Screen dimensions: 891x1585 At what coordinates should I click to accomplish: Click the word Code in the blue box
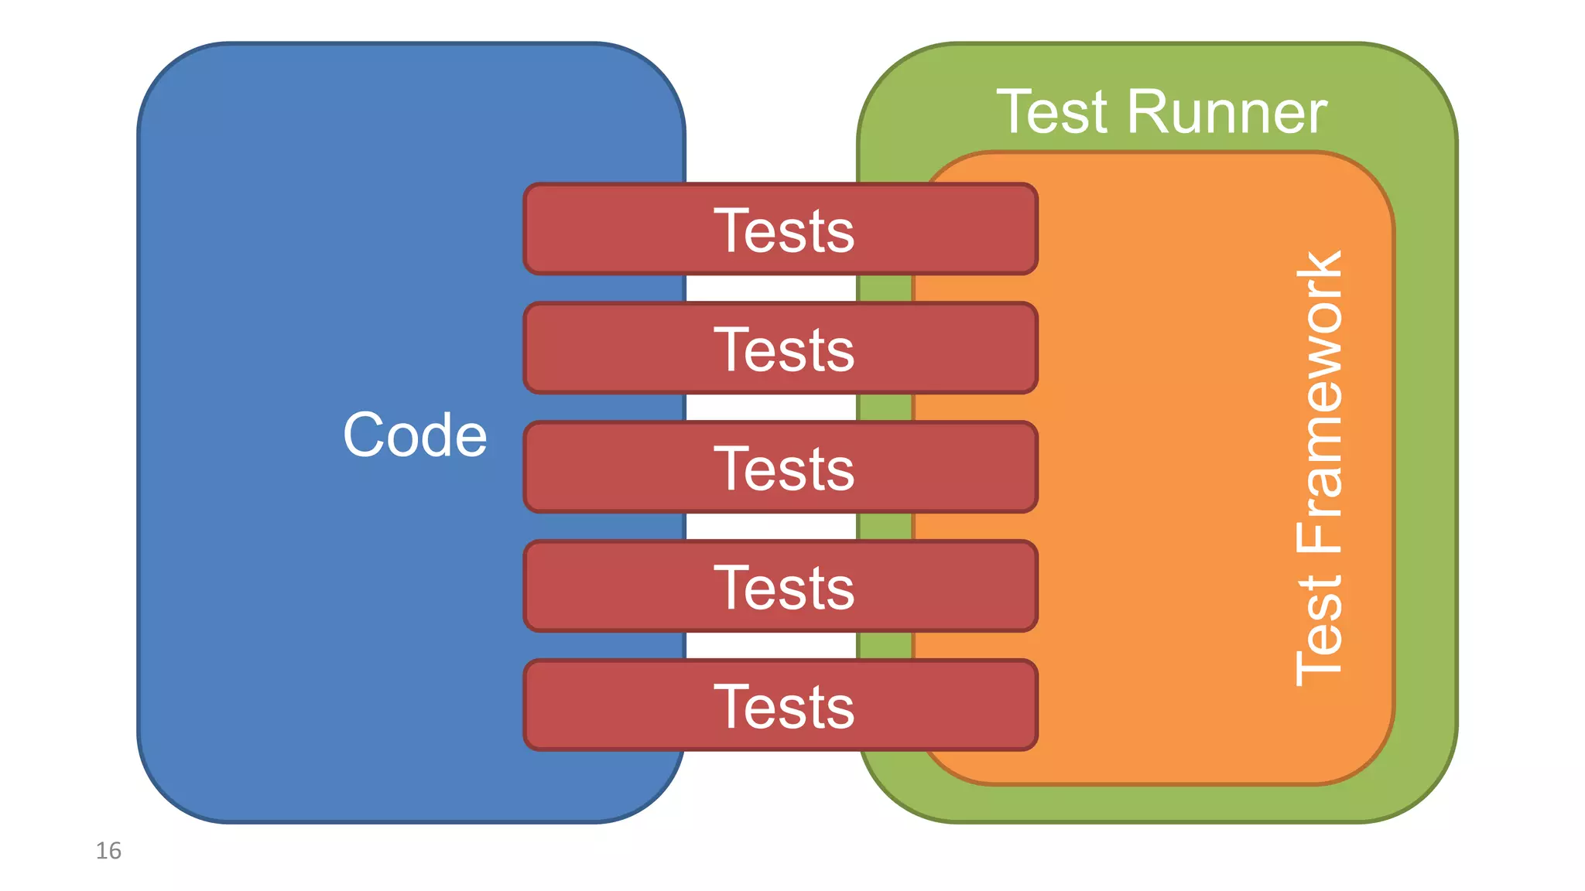pyautogui.click(x=415, y=435)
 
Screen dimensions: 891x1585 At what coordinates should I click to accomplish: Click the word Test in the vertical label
pyautogui.click(x=1320, y=630)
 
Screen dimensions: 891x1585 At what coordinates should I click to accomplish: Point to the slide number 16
pyautogui.click(x=108, y=851)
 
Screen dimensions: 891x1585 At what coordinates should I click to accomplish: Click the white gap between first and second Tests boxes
pyautogui.click(x=771, y=288)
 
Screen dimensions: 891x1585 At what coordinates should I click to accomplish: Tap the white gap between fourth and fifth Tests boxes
pyautogui.click(x=771, y=646)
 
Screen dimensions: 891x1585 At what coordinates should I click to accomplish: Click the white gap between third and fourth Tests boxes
pyautogui.click(x=771, y=527)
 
